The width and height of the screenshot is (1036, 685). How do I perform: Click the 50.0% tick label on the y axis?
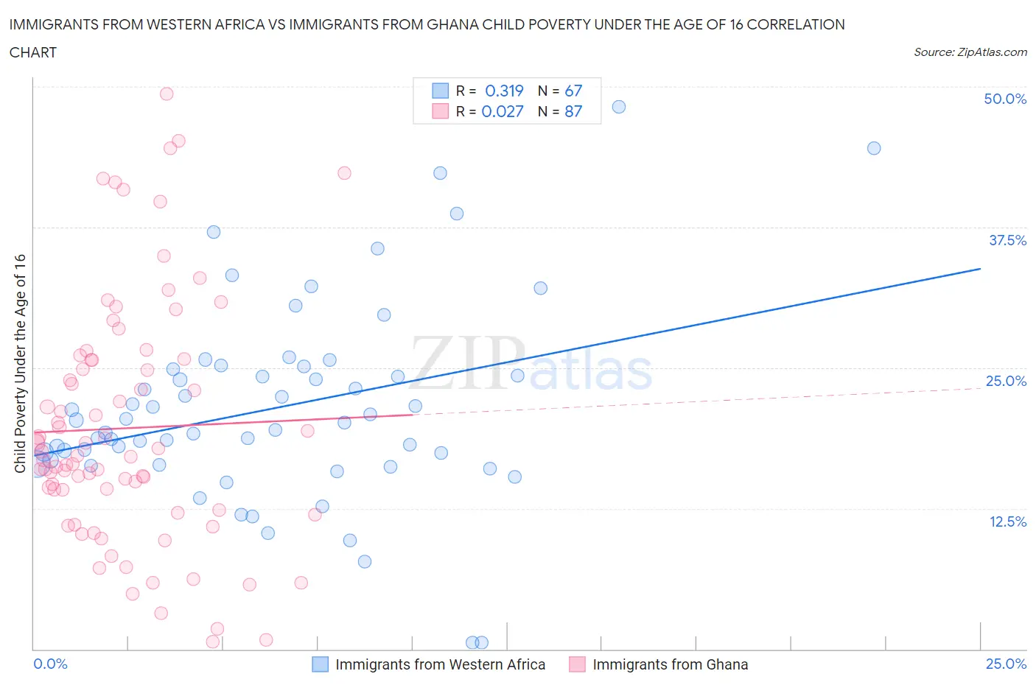tap(1005, 99)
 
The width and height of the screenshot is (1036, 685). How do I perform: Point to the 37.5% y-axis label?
tap(1007, 240)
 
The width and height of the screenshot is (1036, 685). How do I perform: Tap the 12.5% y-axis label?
tap(1007, 521)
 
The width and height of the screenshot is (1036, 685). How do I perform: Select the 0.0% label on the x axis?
tap(50, 664)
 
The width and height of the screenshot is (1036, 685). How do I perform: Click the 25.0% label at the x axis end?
tap(1006, 664)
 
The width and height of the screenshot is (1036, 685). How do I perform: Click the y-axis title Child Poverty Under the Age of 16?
tap(20, 363)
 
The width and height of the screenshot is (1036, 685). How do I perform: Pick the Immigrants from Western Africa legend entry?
tap(440, 664)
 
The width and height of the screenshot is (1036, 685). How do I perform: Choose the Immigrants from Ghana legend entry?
tap(670, 664)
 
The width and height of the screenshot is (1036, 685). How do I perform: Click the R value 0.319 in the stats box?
tap(504, 91)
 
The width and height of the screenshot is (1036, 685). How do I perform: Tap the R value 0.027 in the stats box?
tap(503, 111)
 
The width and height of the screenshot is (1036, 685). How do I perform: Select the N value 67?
tap(573, 91)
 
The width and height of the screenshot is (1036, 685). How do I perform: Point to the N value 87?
tap(573, 111)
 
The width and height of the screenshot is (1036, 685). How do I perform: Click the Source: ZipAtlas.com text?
tap(970, 52)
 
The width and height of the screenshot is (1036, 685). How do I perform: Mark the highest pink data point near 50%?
tap(167, 94)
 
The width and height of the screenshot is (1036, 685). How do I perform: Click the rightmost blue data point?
tap(874, 148)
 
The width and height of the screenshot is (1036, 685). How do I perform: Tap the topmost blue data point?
tap(619, 107)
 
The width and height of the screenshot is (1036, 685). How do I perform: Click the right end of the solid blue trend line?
tap(980, 269)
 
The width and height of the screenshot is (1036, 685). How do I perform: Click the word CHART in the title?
tap(33, 52)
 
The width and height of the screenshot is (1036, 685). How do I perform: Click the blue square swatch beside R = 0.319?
tap(440, 91)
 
